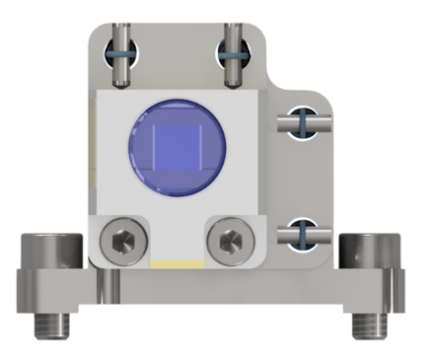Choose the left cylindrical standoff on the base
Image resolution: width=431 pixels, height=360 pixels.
(48, 253)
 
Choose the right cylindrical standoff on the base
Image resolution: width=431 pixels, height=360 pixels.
(365, 253)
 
